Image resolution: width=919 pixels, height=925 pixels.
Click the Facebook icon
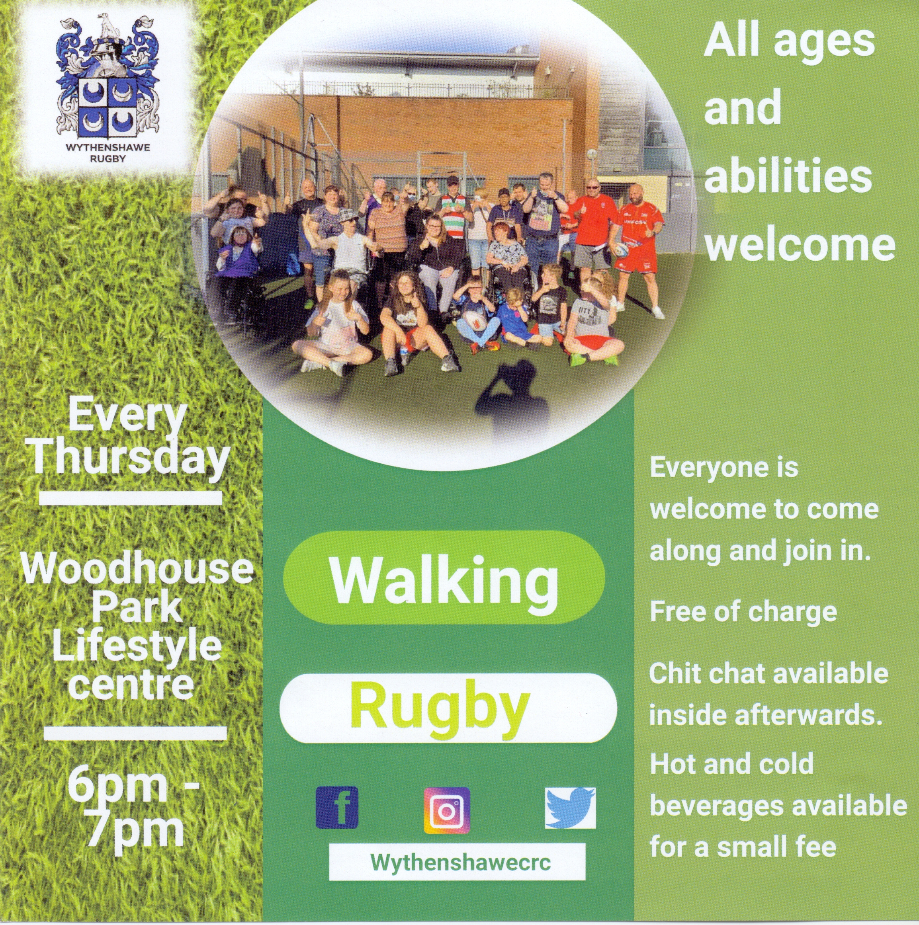[x=337, y=807]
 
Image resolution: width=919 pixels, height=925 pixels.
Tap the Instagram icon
[x=447, y=810]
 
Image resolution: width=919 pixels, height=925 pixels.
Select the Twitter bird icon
[x=570, y=807]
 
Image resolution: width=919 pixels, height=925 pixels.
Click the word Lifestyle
[x=137, y=647]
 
